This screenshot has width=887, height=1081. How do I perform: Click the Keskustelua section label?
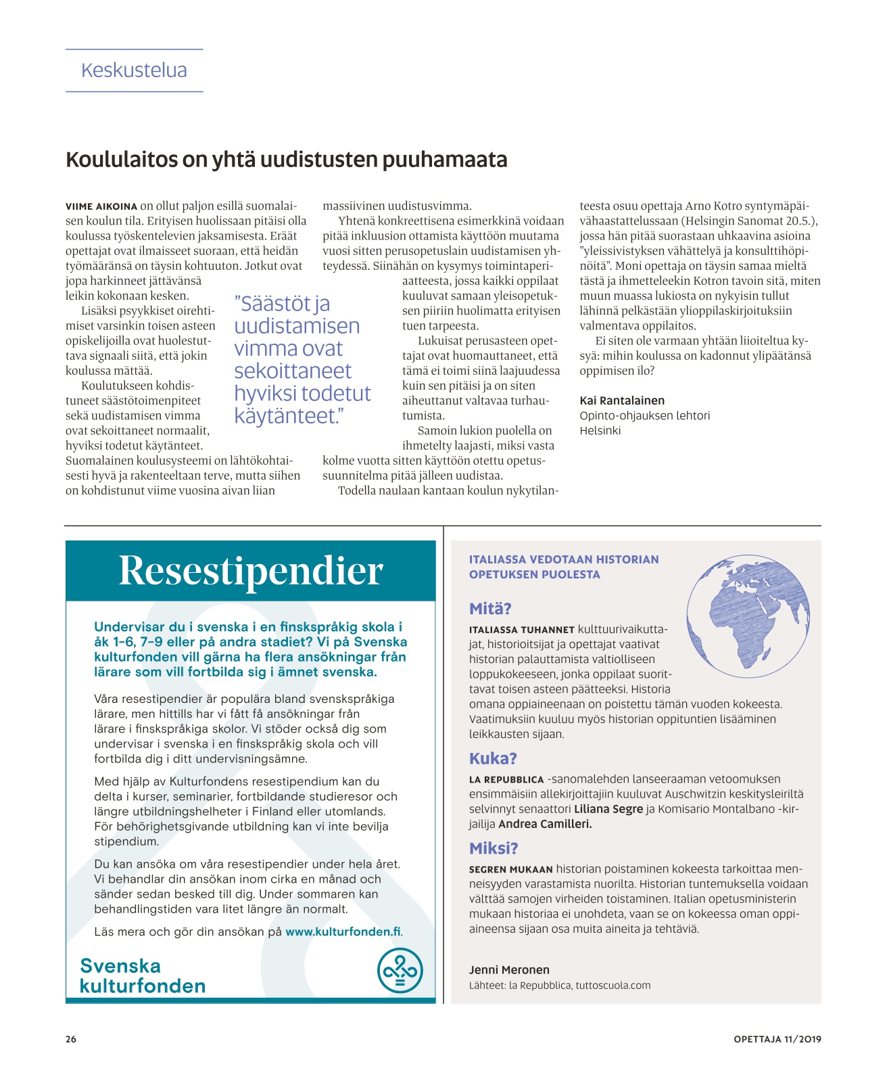pyautogui.click(x=134, y=70)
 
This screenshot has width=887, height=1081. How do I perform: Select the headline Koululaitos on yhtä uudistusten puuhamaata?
pyautogui.click(x=286, y=160)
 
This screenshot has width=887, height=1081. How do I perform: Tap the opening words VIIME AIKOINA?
pyautogui.click(x=101, y=206)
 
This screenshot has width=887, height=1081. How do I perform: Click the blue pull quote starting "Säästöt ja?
pyautogui.click(x=302, y=359)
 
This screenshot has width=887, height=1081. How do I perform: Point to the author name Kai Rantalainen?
pyautogui.click(x=622, y=400)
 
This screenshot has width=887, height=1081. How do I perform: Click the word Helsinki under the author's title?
pyautogui.click(x=600, y=430)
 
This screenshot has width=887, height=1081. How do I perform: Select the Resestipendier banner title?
pyautogui.click(x=251, y=570)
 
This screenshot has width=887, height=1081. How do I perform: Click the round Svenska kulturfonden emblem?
pyautogui.click(x=400, y=971)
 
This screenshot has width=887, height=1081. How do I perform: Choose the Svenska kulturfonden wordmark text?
pyautogui.click(x=142, y=975)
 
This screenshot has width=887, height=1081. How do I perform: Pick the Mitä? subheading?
pyautogui.click(x=490, y=608)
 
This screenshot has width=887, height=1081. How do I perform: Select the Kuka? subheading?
pyautogui.click(x=493, y=758)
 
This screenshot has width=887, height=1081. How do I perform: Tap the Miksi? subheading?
pyautogui.click(x=494, y=848)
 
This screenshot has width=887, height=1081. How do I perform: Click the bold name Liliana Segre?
pyautogui.click(x=608, y=809)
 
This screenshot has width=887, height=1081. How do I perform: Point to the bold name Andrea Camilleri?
pyautogui.click(x=545, y=824)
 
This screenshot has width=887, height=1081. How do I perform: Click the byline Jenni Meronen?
pyautogui.click(x=509, y=969)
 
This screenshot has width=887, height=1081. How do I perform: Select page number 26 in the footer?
pyautogui.click(x=71, y=1039)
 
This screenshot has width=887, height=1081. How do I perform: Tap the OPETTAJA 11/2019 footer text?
pyautogui.click(x=777, y=1039)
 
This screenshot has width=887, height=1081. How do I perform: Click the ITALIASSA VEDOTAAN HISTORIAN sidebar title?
pyautogui.click(x=563, y=559)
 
